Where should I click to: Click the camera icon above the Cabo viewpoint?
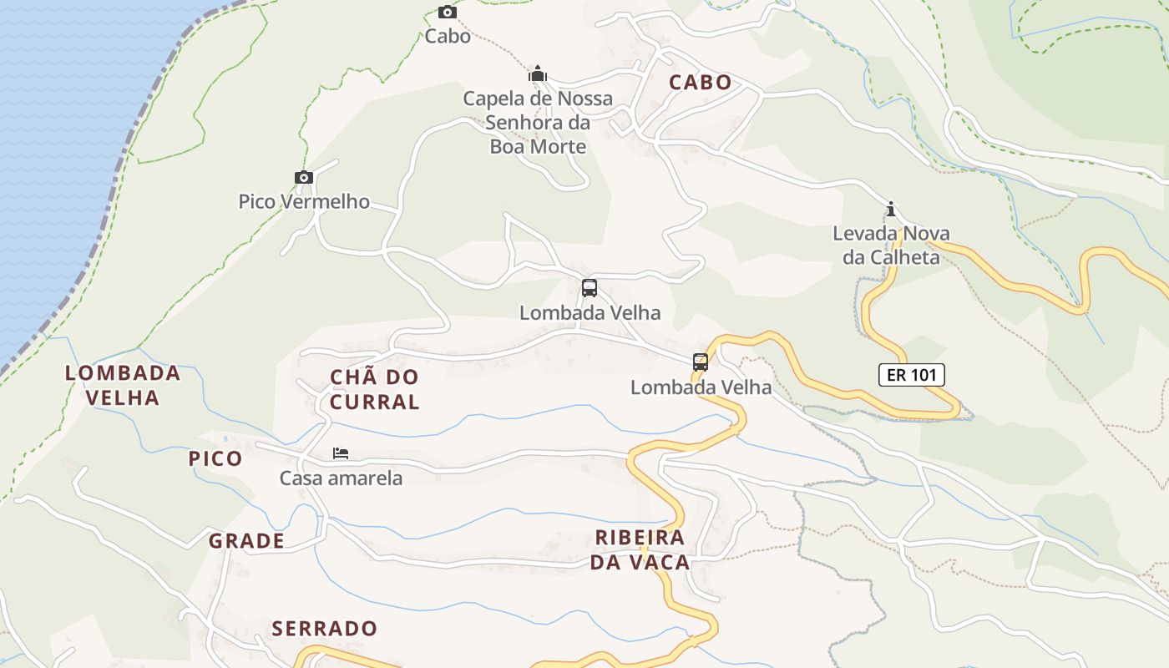[448, 12]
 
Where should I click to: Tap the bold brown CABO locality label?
[701, 83]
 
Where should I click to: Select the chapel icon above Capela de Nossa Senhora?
[538, 74]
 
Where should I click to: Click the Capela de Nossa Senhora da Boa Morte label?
[538, 123]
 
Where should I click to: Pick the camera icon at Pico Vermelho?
[304, 177]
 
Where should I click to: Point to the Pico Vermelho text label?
[304, 201]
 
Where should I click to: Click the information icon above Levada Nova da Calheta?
[891, 209]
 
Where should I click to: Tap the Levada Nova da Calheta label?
[891, 245]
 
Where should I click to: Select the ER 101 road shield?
[912, 375]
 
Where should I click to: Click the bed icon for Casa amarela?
[341, 453]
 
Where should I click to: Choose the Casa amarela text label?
[341, 478]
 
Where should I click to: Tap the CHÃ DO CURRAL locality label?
[374, 389]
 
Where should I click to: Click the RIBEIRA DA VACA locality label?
[640, 549]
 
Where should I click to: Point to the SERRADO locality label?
[325, 628]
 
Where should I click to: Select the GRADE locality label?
[246, 541]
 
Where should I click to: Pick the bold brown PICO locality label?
[215, 458]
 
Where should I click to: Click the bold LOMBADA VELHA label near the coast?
[123, 385]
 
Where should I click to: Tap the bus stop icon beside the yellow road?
[701, 362]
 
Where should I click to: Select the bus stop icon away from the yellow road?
[590, 288]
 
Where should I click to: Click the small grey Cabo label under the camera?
[448, 36]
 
